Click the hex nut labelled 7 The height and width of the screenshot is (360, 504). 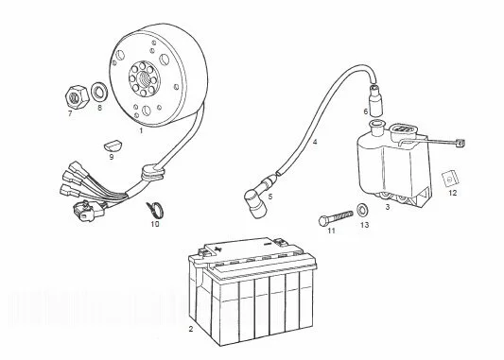pyautogui.click(x=77, y=96)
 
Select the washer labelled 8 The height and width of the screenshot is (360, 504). pyautogui.click(x=99, y=93)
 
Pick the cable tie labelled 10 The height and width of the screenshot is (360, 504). pyautogui.click(x=156, y=210)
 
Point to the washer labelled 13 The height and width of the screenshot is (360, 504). pyautogui.click(x=363, y=210)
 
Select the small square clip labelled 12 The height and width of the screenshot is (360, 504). pyautogui.click(x=449, y=179)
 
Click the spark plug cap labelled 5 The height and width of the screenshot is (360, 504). pyautogui.click(x=258, y=198)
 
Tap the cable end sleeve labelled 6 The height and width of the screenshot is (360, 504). pyautogui.click(x=375, y=100)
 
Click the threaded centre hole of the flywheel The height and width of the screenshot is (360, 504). pyautogui.click(x=145, y=77)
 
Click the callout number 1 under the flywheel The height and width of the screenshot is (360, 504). pyautogui.click(x=141, y=130)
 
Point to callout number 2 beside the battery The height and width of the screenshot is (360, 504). pyautogui.click(x=191, y=329)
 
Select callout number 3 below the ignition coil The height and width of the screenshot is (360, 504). pyautogui.click(x=388, y=207)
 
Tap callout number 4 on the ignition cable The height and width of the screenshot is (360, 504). pyautogui.click(x=315, y=142)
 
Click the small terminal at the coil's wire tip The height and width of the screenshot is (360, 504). pyautogui.click(x=461, y=143)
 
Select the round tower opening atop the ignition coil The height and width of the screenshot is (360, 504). pyautogui.click(x=377, y=124)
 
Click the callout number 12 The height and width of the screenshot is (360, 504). pyautogui.click(x=452, y=193)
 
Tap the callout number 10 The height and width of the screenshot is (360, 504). pyautogui.click(x=155, y=224)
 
